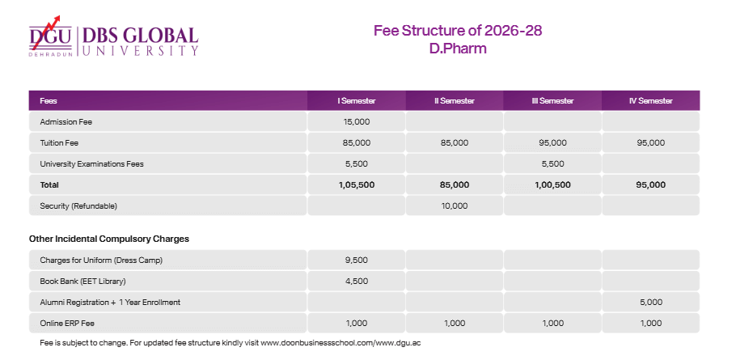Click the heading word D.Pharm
pos(458,49)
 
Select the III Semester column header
pos(552,100)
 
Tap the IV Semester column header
pos(650,100)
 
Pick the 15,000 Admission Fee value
pos(356,121)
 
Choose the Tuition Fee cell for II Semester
pos(454,142)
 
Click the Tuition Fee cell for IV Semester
pos(650,142)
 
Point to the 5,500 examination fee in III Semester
pos(552,163)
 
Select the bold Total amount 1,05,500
pos(356,184)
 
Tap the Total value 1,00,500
pos(552,184)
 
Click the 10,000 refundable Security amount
pos(454,205)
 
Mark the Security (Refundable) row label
pos(78,205)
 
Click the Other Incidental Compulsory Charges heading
pos(109,239)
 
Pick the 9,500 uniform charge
pos(356,260)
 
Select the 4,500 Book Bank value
pos(356,281)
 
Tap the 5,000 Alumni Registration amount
pos(650,302)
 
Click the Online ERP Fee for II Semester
pos(454,323)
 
